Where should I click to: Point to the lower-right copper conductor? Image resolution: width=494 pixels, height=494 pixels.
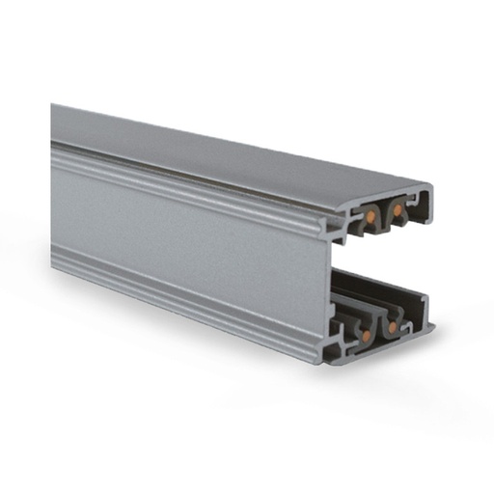coord(392,326)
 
